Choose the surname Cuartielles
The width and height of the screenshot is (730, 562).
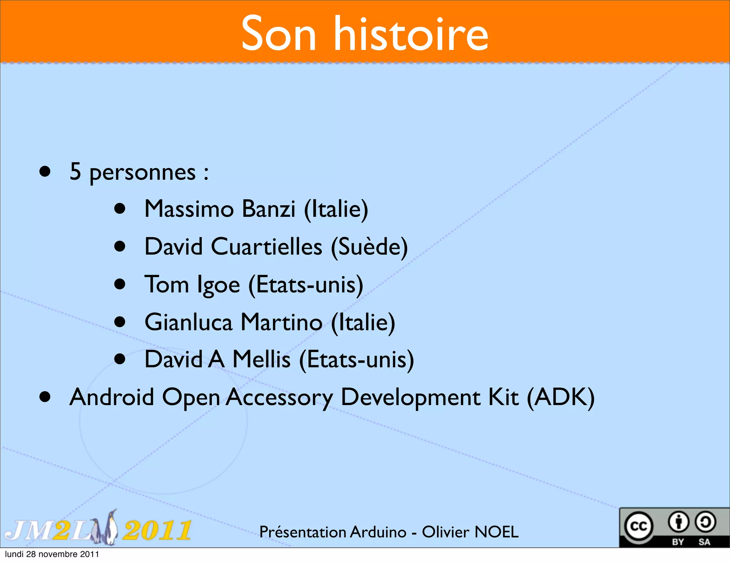coord(267,246)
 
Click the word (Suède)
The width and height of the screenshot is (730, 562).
coord(369,246)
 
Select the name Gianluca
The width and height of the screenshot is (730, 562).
coord(189,322)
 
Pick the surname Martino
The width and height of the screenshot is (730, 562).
coord(282,322)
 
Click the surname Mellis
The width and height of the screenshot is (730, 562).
coord(261,359)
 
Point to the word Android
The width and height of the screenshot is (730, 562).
coord(112,397)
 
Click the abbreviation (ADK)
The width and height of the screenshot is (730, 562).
coord(561,397)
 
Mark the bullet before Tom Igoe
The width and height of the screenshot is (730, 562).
coord(120,284)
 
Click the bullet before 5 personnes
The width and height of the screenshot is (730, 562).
coord(45,172)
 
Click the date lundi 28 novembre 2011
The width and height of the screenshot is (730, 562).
coord(52,554)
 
